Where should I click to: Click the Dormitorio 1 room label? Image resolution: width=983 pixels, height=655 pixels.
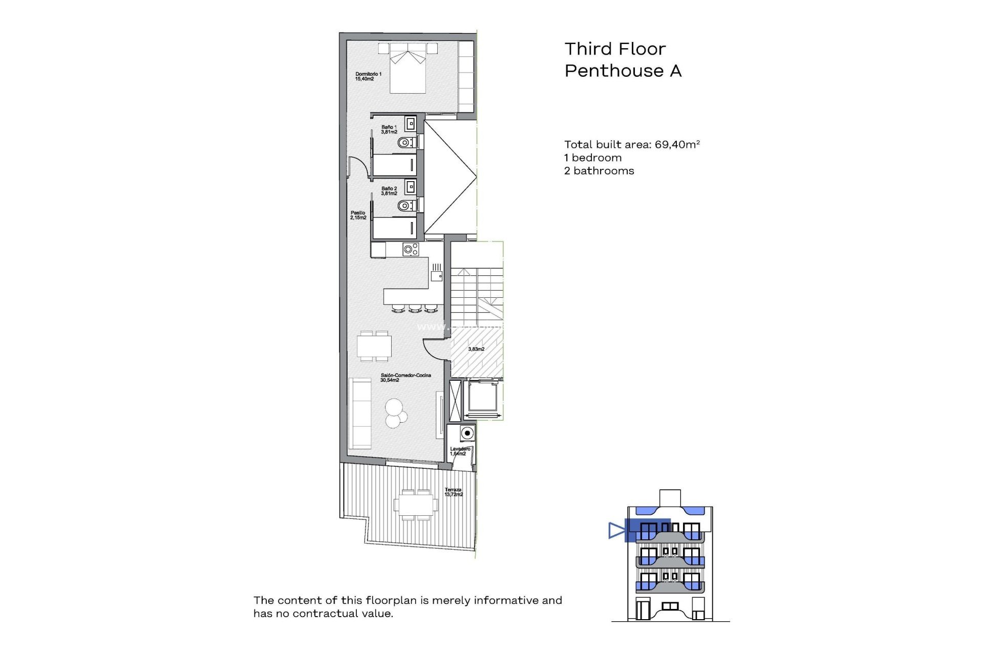(x=368, y=76)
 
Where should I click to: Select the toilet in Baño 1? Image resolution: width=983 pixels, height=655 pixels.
(x=406, y=142)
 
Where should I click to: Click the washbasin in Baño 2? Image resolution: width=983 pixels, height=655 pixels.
(x=410, y=187)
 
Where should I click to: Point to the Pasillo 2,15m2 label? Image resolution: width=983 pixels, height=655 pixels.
(x=358, y=215)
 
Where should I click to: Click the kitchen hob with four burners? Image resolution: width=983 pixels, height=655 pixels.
(x=411, y=249)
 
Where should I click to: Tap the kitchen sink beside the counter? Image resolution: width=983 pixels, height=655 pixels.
(x=436, y=275)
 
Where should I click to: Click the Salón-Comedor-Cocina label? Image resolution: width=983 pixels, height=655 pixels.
(x=405, y=378)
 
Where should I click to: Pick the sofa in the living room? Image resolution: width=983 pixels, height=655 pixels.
(x=359, y=412)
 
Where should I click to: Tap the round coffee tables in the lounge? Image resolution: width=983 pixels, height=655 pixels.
(x=395, y=413)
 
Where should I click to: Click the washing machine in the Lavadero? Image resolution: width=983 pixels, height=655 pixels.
(x=467, y=433)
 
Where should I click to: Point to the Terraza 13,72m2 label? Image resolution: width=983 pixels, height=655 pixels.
(x=453, y=492)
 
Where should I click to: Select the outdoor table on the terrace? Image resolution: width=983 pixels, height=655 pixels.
(x=415, y=505)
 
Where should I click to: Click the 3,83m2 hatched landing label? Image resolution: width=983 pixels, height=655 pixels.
(x=476, y=349)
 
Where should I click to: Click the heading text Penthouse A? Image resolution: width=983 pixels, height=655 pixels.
(x=623, y=71)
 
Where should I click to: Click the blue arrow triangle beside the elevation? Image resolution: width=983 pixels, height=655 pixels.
(x=616, y=530)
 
